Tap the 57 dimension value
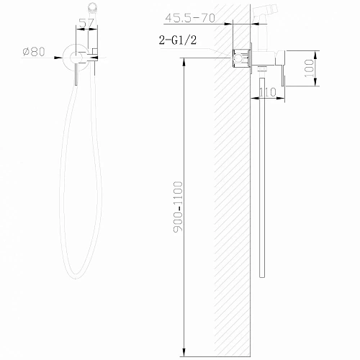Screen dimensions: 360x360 coord(87,24)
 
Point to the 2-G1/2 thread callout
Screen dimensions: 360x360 coord(179,41)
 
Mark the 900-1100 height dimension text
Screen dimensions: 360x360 coord(180,206)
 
